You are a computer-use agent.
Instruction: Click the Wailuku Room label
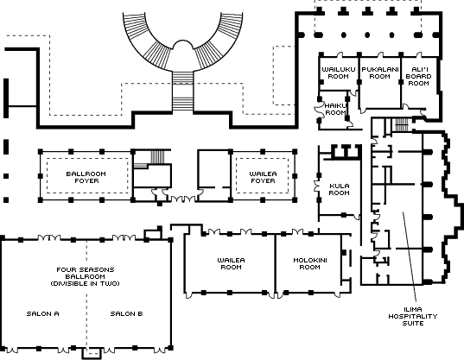coord(339,73)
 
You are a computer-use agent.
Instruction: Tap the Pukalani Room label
coord(380,73)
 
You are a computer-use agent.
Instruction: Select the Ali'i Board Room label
coord(418,76)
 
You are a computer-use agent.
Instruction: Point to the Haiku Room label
coord(335,109)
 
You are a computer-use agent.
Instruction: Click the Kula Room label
coord(339,189)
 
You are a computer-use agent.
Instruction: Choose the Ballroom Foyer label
coord(86,177)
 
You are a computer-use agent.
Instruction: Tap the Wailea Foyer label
coord(263,177)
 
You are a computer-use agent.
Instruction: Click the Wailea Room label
coord(231,263)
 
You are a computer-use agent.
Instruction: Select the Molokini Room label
coord(310,263)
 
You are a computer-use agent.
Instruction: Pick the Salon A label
coord(43,313)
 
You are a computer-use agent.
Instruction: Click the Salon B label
coord(127,313)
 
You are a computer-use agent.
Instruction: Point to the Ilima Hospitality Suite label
coord(413,316)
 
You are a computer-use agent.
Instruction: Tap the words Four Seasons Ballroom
coord(86,273)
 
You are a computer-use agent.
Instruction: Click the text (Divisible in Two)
coord(86,283)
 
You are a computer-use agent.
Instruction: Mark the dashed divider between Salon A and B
coord(86,294)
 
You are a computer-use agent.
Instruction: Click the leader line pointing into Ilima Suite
coord(410,256)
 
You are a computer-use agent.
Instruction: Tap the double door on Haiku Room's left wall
coord(317,110)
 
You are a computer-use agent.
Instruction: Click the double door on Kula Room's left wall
coord(317,186)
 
